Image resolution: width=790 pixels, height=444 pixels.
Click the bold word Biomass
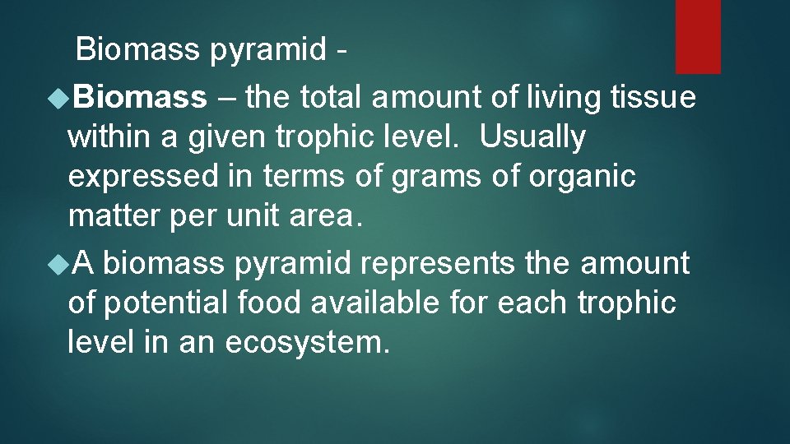click(x=140, y=98)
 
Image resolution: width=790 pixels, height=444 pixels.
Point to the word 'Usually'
click(x=532, y=137)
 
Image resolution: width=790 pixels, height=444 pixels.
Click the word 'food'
click(x=272, y=303)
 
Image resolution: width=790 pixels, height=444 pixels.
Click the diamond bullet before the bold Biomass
click(x=58, y=99)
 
